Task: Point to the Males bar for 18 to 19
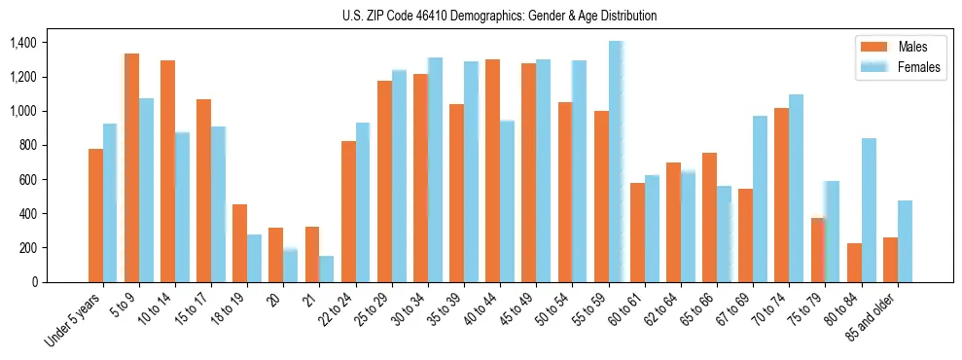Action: [239, 243]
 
